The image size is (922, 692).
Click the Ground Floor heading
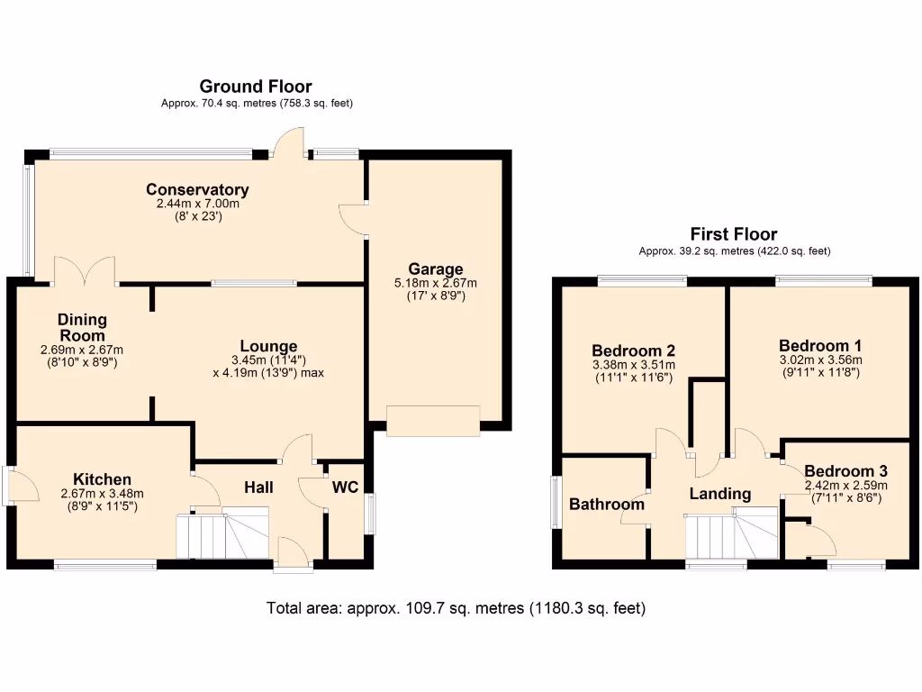(256, 86)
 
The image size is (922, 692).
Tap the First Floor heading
(733, 234)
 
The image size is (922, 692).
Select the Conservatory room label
(197, 189)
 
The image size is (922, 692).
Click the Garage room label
(436, 269)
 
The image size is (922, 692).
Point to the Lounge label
(268, 346)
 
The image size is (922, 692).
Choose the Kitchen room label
(102, 479)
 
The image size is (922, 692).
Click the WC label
(346, 487)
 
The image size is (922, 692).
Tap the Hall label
(258, 487)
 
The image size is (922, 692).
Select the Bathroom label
(606, 504)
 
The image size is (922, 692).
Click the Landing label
(719, 494)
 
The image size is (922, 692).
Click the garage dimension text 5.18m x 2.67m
(436, 283)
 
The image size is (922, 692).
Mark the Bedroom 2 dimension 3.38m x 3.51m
(634, 365)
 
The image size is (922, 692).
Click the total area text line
(456, 608)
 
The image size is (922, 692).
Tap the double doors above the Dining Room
(86, 271)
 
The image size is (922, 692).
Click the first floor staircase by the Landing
(731, 533)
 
